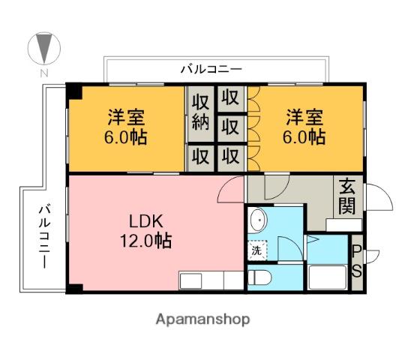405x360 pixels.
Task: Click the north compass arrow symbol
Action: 43,48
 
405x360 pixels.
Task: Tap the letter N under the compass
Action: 43,73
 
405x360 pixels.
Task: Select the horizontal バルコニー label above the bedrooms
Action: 211,69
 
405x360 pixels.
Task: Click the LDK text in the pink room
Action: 146,221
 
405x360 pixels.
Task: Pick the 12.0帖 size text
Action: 146,241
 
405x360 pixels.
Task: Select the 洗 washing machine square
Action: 256,250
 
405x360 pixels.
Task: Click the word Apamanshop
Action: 202,319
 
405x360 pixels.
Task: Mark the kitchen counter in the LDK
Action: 211,280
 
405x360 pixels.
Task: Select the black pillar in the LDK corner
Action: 73,289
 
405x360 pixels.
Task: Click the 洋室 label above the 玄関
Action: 304,127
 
